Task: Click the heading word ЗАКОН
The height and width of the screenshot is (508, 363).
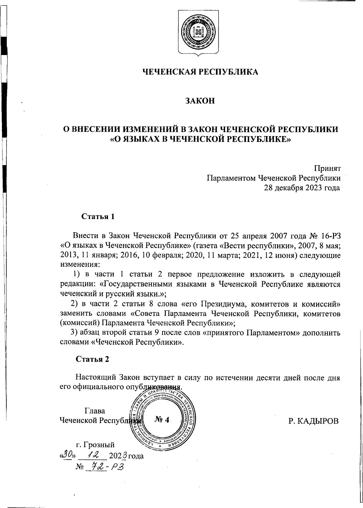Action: point(200,100)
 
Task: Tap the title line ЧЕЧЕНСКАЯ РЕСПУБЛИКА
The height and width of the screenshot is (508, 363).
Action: point(200,72)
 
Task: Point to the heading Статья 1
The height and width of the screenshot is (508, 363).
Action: point(98,217)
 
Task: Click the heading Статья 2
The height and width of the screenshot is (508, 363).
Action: point(92,359)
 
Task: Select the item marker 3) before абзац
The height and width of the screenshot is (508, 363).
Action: point(75,333)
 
